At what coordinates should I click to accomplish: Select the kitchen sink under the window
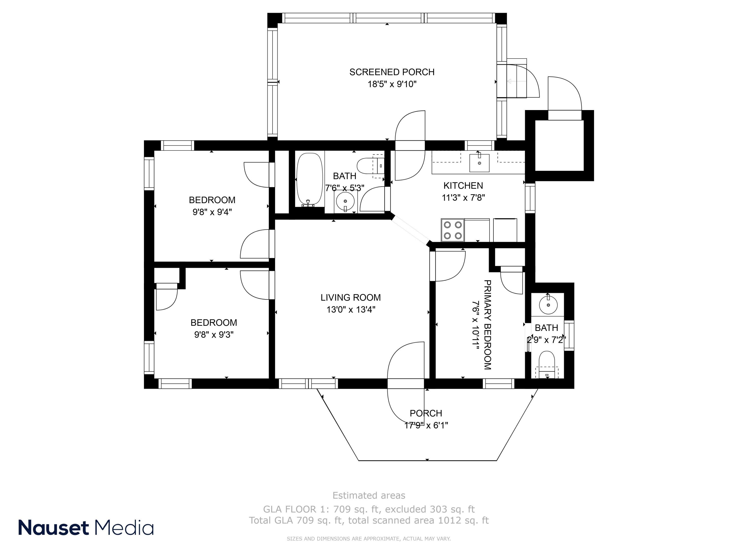pyautogui.click(x=479, y=163)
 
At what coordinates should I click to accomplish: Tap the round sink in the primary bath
pyautogui.click(x=548, y=305)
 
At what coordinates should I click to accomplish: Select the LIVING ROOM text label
pyautogui.click(x=351, y=297)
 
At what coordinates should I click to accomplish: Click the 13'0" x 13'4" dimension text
pyautogui.click(x=351, y=310)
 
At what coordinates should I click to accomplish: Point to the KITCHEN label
pyautogui.click(x=463, y=186)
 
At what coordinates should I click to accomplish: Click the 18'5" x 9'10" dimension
pyautogui.click(x=392, y=84)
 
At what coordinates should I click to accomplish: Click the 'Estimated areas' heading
pyautogui.click(x=369, y=495)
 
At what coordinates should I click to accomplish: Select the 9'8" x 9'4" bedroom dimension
pyautogui.click(x=212, y=212)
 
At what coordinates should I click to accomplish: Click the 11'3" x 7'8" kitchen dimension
pyautogui.click(x=463, y=198)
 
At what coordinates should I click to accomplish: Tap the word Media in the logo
pyautogui.click(x=124, y=528)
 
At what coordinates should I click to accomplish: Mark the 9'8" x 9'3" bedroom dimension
pyautogui.click(x=214, y=335)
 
